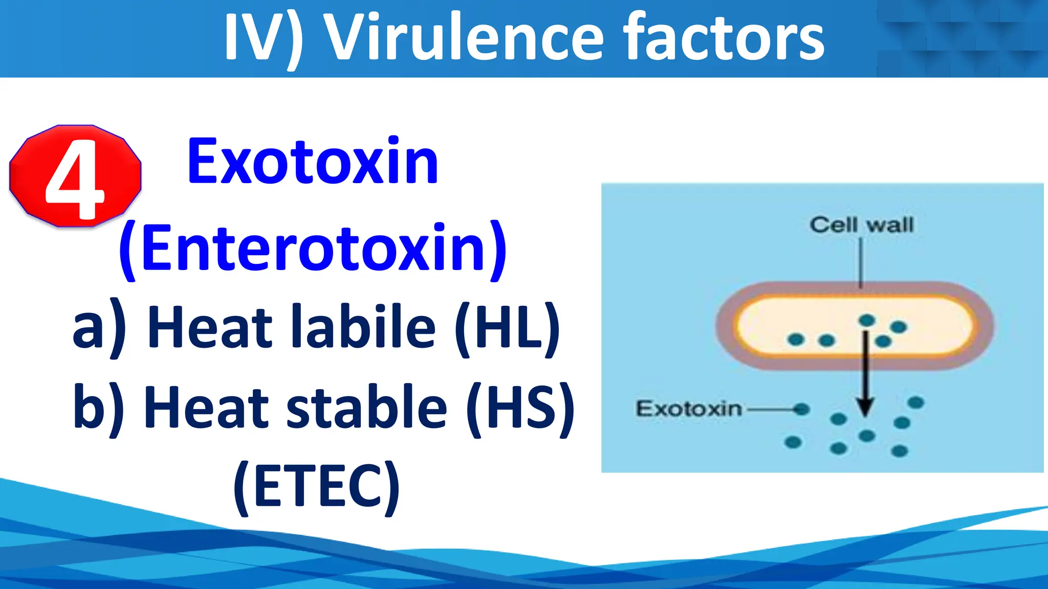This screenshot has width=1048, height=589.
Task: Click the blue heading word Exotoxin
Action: pyautogui.click(x=313, y=162)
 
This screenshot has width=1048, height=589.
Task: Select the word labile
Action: pyautogui.click(x=363, y=327)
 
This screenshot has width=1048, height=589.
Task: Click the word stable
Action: pyautogui.click(x=366, y=407)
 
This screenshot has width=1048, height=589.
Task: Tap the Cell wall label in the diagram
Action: pyautogui.click(x=861, y=225)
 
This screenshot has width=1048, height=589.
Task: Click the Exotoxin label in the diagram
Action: pyautogui.click(x=689, y=409)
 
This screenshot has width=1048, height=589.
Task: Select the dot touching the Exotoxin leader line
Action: pyautogui.click(x=801, y=409)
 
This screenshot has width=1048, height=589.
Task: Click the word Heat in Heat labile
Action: pyautogui.click(x=210, y=327)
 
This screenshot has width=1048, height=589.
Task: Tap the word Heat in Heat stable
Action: pyautogui.click(x=207, y=407)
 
